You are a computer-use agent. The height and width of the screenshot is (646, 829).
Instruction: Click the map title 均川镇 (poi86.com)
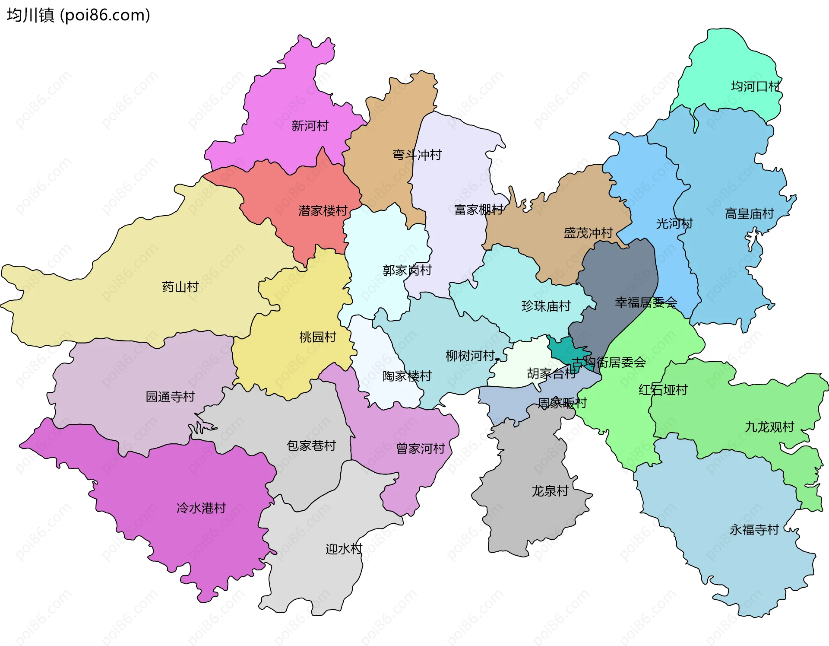[x=78, y=15]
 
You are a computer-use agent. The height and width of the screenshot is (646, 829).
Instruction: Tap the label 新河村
[x=310, y=126]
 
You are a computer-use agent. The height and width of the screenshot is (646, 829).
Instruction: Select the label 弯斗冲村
[x=417, y=155]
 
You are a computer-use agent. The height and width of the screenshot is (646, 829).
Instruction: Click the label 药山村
[x=180, y=286]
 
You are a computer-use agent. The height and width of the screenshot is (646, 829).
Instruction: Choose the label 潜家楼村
[x=323, y=211]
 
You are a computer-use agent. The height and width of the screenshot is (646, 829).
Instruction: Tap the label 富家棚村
[x=478, y=210]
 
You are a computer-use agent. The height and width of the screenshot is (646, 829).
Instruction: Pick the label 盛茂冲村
[x=588, y=233]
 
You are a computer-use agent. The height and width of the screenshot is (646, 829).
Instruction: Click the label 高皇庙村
[x=749, y=213]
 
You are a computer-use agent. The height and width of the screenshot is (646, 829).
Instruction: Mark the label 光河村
[x=674, y=223]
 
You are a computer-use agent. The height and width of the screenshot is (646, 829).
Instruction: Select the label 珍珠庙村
[x=546, y=306]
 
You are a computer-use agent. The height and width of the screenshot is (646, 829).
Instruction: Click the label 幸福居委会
[x=645, y=302]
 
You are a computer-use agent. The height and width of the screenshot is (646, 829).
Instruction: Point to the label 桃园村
[x=318, y=337]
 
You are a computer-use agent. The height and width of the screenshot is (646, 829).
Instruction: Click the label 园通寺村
[x=170, y=396]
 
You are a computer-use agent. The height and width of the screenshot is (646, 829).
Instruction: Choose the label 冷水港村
[x=201, y=508]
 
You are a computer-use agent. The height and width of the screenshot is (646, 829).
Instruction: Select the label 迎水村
[x=344, y=549]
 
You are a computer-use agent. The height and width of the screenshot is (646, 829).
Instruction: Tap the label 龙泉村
[x=550, y=491]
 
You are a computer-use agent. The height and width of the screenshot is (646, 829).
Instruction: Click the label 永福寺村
[x=754, y=529]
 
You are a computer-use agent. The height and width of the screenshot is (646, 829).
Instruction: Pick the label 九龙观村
[x=769, y=427]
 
